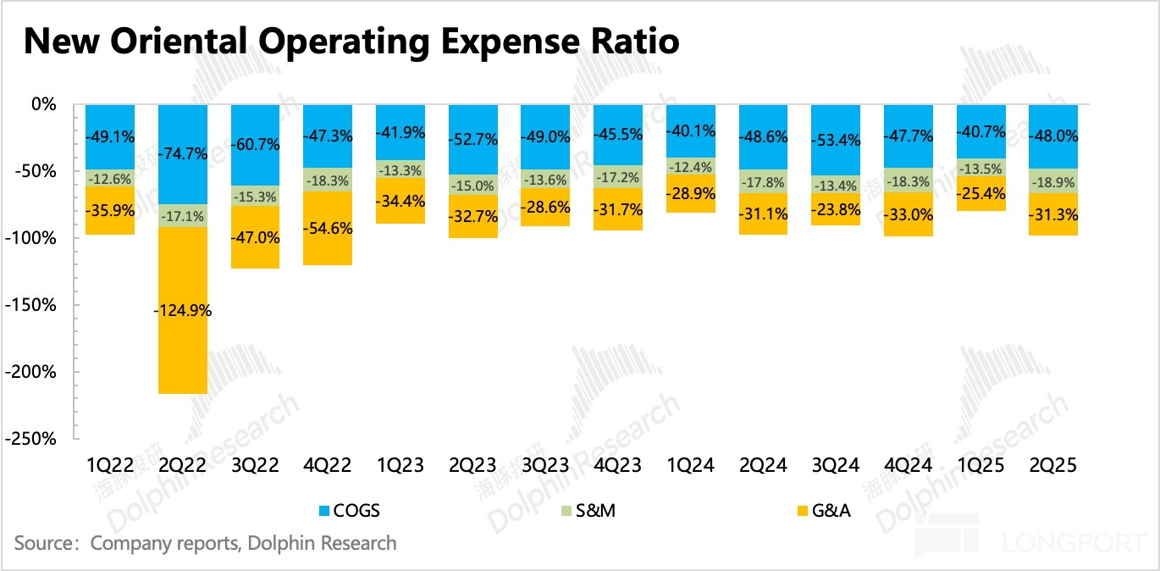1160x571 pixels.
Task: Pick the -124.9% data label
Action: [x=183, y=310]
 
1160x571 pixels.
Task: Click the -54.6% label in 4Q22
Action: [x=328, y=229]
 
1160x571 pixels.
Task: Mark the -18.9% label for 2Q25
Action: [x=1053, y=182]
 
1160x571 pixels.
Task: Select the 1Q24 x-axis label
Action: [x=691, y=465]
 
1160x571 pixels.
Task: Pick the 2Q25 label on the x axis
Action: [x=1053, y=465]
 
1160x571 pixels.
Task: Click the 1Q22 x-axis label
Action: [x=110, y=465]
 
